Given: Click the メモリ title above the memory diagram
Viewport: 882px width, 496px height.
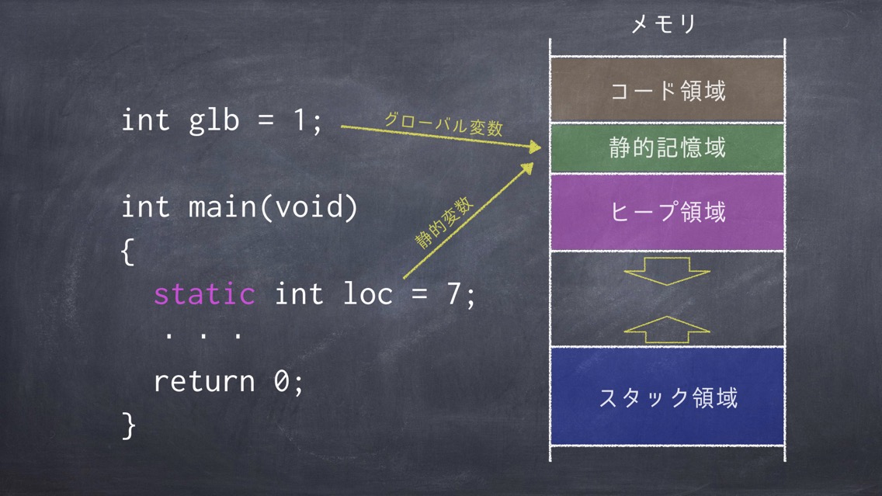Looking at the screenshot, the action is point(664,23).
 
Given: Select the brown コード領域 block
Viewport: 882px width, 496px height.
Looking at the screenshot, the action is point(667,90).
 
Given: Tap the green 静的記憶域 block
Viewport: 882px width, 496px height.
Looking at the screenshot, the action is point(667,148).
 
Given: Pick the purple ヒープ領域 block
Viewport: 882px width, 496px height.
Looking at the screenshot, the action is point(667,212).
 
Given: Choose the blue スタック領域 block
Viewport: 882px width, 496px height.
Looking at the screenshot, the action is point(667,397).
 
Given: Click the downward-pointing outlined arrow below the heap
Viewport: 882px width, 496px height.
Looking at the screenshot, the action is point(667,271).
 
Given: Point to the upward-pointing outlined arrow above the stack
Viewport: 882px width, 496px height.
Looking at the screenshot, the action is point(667,330).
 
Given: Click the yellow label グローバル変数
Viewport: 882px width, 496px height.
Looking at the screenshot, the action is point(443,124).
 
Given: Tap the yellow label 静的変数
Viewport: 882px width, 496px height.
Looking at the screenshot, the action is point(444,224).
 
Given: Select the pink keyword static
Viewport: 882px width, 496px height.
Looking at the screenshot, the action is point(204,293).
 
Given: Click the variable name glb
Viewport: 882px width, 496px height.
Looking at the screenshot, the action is point(214,120).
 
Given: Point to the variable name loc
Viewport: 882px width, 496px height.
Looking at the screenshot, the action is point(367,293).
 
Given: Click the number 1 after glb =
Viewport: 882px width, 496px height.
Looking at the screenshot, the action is point(300,120).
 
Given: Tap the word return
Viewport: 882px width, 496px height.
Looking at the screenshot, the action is point(204,381).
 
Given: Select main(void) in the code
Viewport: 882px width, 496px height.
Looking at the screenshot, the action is point(273,207).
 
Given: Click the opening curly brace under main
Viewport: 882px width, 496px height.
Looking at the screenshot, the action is point(127,251).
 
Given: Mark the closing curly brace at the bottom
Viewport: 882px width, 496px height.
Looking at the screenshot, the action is point(129,425).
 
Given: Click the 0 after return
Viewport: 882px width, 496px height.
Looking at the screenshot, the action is point(281,381).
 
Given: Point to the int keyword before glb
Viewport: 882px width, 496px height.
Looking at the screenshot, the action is point(145,120).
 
